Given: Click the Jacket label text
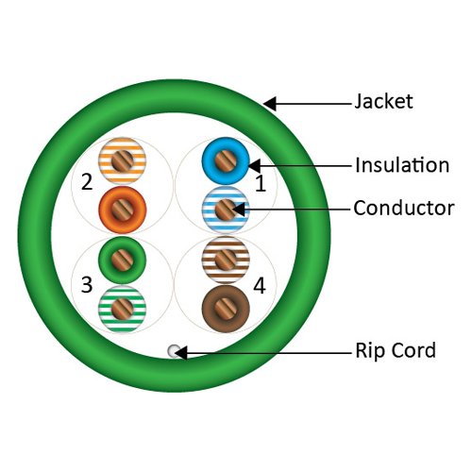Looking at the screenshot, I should tap(384, 101).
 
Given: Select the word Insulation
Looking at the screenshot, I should tap(401, 165).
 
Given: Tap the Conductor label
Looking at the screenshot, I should tap(403, 208).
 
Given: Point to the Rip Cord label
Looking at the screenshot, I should tap(395, 351).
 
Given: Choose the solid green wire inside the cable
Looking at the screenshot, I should tap(120, 256).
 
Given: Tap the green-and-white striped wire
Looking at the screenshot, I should tap(120, 307).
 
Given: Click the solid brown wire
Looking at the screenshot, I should tap(225, 307).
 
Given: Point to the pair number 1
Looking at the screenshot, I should tap(261, 185).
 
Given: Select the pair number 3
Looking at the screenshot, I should tap(86, 283).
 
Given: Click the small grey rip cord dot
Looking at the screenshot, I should tap(173, 351).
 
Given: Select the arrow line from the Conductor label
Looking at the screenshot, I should tap(293, 208).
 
